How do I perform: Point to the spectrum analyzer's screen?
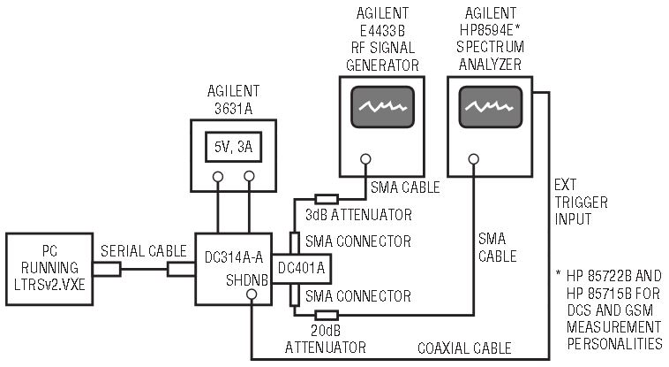[x=491, y=110]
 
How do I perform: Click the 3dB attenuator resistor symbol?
[x=327, y=198]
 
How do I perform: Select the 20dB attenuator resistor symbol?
[x=327, y=314]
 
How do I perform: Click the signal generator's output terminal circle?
[x=364, y=161]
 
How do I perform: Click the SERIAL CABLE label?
[x=141, y=250]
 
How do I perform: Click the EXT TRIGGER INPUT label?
[x=581, y=203]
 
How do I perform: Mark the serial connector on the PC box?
[x=108, y=267]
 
